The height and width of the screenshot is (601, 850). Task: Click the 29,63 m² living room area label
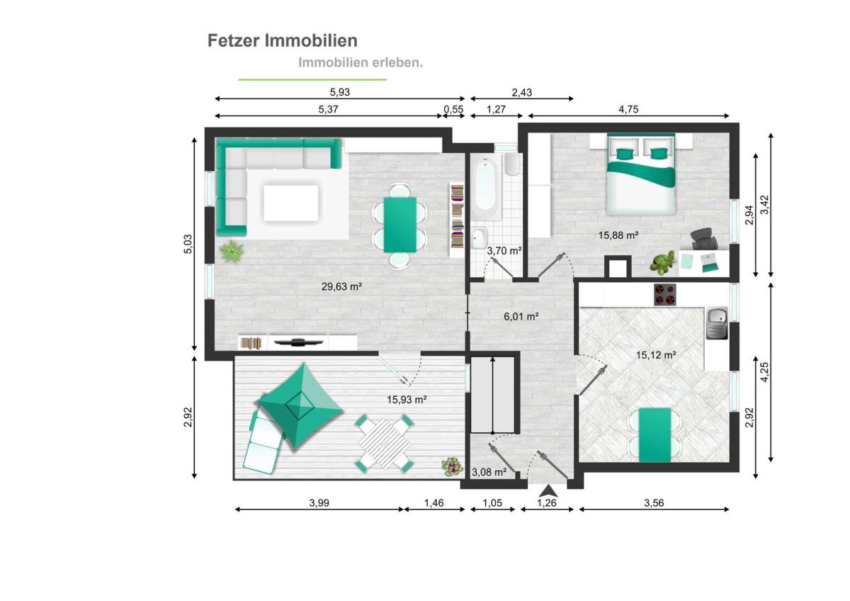tap(341, 286)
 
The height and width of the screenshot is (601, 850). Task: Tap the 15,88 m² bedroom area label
tap(618, 235)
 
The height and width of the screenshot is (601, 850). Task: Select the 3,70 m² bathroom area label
tap(504, 251)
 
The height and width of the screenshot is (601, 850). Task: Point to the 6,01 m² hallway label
tap(521, 316)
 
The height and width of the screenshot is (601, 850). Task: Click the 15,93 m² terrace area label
tap(407, 400)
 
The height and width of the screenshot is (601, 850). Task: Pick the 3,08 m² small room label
tap(489, 472)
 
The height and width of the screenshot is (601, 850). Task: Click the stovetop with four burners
tap(665, 295)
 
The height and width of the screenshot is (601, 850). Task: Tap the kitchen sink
tap(716, 323)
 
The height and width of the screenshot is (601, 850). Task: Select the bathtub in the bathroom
tap(486, 186)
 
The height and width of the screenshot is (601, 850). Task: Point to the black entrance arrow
tap(548, 491)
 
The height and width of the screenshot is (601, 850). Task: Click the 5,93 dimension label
tap(339, 92)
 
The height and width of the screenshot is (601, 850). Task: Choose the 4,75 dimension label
tap(628, 109)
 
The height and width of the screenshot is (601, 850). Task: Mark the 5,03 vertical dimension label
tap(188, 244)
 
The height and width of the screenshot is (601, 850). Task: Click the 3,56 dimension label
tap(654, 503)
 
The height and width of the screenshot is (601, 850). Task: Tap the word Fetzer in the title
tap(233, 40)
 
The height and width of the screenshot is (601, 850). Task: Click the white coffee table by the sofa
tap(291, 203)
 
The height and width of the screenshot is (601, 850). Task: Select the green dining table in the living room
tap(400, 225)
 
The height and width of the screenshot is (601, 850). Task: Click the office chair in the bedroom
tap(704, 239)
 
